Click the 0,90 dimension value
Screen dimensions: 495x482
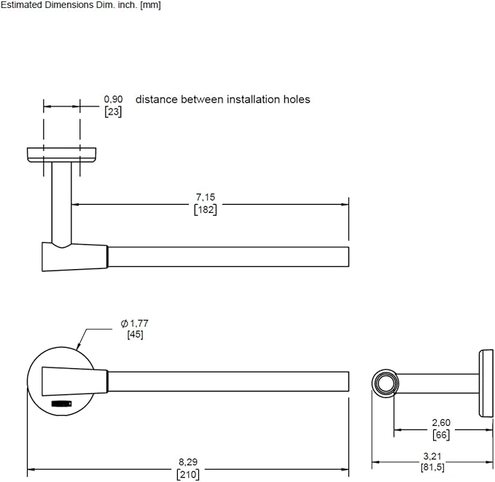coord(113,99)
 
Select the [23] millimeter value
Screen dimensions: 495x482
coord(113,112)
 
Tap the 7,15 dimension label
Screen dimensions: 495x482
coord(206,197)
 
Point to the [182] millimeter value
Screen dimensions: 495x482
coord(206,209)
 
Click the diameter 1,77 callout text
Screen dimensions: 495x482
coord(134,324)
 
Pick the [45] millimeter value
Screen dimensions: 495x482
coord(136,334)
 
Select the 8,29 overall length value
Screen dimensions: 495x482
coord(188,462)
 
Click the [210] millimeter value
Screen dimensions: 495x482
coord(188,475)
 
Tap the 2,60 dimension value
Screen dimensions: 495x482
coord(441,423)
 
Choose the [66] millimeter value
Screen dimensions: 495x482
coord(441,435)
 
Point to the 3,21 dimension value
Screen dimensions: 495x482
coord(432,456)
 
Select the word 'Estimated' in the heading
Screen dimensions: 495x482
coord(22,5)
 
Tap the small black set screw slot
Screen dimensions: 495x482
coord(62,404)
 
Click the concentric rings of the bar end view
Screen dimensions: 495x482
coord(386,384)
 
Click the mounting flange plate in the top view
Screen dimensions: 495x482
coord(61,155)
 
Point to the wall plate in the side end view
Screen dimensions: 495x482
coord(486,384)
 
